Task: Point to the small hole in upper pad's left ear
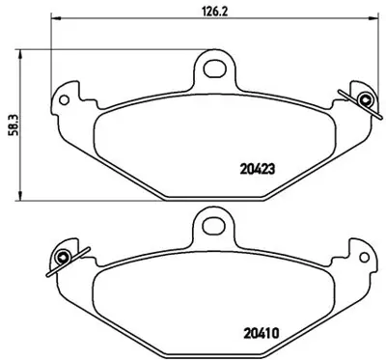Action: coord(65,97)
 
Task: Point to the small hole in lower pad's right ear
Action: coord(364,256)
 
